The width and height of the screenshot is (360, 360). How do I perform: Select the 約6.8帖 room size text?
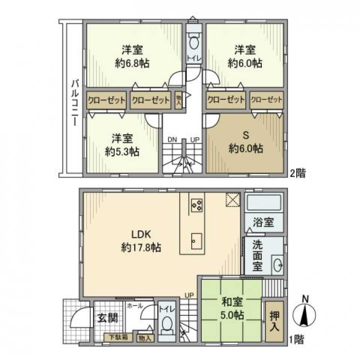132,63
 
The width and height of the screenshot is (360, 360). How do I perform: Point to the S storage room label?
246,135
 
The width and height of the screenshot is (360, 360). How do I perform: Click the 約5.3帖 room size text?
122,151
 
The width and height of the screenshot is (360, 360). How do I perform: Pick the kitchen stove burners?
197,204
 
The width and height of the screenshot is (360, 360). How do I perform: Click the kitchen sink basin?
196,240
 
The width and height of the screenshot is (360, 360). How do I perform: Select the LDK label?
141,235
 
